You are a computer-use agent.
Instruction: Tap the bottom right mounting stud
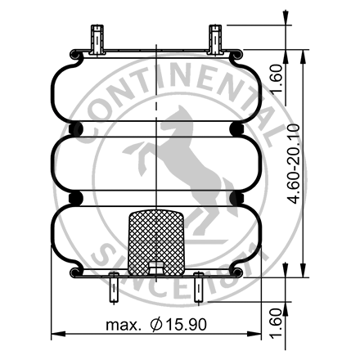(x=197, y=289)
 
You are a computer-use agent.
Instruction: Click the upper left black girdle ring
(x=77, y=130)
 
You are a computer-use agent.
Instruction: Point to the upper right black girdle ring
(x=236, y=130)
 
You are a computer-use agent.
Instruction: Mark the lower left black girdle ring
(x=77, y=199)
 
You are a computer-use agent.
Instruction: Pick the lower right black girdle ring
(x=236, y=199)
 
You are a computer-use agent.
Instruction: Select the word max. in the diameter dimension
(x=124, y=324)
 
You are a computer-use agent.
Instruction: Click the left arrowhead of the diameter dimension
(x=56, y=335)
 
